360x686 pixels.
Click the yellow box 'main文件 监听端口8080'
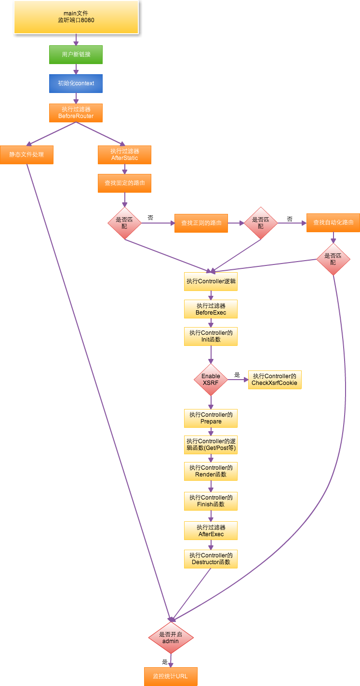(76, 17)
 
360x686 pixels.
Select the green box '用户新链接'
(76, 54)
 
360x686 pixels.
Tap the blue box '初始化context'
(76, 83)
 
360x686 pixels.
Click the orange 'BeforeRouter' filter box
(76, 113)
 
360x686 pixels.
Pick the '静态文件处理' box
(27, 155)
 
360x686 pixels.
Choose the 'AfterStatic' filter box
(124, 155)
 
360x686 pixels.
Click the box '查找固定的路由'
(124, 183)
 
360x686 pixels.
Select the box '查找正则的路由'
(201, 223)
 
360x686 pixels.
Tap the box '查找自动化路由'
(333, 223)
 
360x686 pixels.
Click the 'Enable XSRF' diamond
(211, 380)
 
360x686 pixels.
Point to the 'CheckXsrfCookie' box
(275, 380)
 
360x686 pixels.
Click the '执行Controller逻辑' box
(211, 281)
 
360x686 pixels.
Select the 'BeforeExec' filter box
(211, 309)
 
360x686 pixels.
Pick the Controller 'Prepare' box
(211, 418)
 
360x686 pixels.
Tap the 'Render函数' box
(211, 471)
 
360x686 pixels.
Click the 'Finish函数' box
(211, 501)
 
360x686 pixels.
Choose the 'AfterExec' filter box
(211, 530)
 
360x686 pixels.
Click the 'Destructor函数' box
(211, 559)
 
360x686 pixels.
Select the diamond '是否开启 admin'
(171, 637)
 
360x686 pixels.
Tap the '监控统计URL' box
(171, 676)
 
